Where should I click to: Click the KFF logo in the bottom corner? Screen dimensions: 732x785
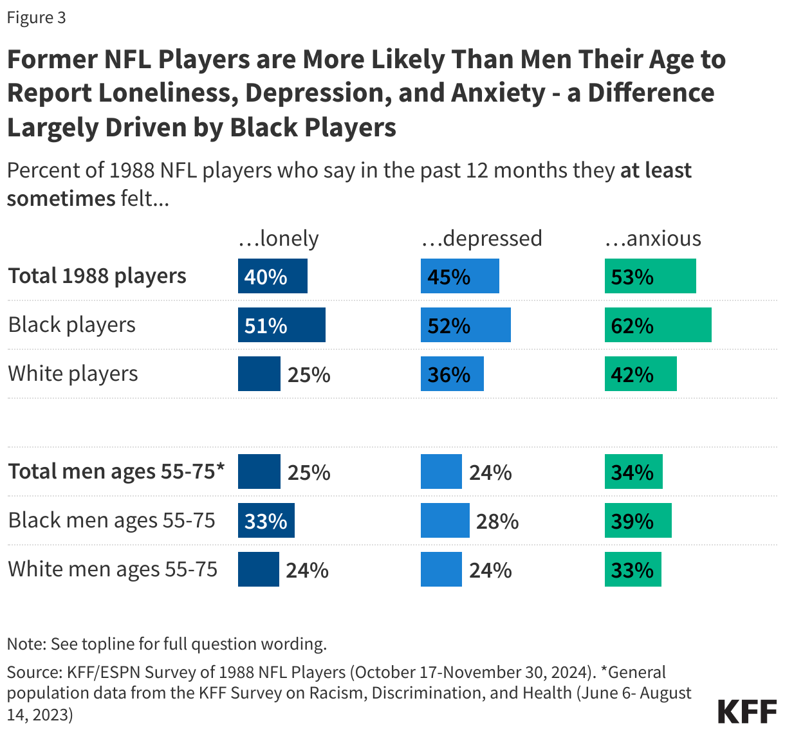pyautogui.click(x=747, y=712)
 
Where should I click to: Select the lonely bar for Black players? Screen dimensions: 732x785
pyautogui.click(x=281, y=325)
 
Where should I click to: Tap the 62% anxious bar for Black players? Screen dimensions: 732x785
pyautogui.click(x=658, y=325)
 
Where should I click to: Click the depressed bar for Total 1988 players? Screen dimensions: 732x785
pyautogui.click(x=459, y=276)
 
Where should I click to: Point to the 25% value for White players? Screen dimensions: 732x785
pyautogui.click(x=309, y=374)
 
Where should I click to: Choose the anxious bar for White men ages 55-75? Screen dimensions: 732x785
pyautogui.click(x=633, y=569)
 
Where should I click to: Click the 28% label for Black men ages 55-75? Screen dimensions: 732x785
pyautogui.click(x=497, y=521)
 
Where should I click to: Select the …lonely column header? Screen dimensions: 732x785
pyautogui.click(x=279, y=238)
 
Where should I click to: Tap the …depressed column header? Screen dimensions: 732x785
pyautogui.click(x=481, y=238)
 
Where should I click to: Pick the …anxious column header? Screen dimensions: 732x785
pyautogui.click(x=652, y=238)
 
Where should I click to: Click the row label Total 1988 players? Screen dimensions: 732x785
pyautogui.click(x=97, y=276)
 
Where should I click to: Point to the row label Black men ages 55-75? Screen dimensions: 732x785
pyautogui.click(x=111, y=520)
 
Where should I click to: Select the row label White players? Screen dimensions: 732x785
pyautogui.click(x=73, y=374)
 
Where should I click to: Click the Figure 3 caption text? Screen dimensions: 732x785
pyautogui.click(x=36, y=17)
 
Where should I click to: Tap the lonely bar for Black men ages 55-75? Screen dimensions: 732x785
pyautogui.click(x=266, y=520)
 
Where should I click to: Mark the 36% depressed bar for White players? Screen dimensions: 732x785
pyautogui.click(x=452, y=374)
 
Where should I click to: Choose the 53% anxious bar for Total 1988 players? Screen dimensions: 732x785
pyautogui.click(x=650, y=276)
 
